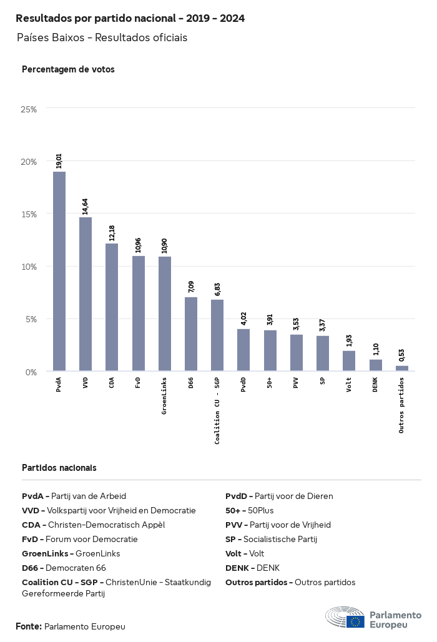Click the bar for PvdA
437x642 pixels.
click(59, 271)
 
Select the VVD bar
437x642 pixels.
click(86, 294)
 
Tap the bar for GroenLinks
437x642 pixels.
click(165, 314)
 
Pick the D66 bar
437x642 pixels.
click(191, 334)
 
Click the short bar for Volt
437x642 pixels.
click(349, 361)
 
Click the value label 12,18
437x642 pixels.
click(112, 233)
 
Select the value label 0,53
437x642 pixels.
click(401, 355)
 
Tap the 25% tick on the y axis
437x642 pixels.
click(29, 109)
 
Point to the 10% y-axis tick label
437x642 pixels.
click(29, 267)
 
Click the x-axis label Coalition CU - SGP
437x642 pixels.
click(217, 411)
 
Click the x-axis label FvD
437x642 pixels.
click(138, 382)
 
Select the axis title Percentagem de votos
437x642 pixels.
click(68, 69)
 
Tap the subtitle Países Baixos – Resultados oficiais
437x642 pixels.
click(102, 37)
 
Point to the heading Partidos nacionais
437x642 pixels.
click(59, 467)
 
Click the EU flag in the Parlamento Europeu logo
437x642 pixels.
click(356, 621)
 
